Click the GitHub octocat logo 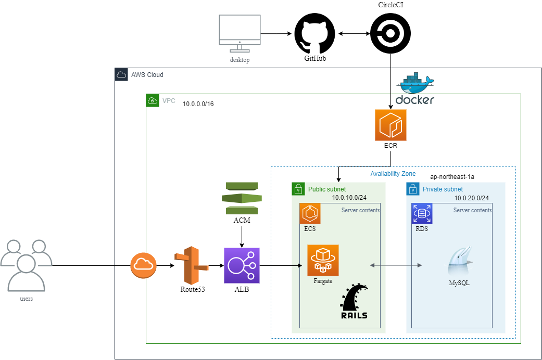click(315, 34)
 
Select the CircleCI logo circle click(390, 34)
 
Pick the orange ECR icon click(390, 125)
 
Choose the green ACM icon click(242, 198)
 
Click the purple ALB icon click(242, 265)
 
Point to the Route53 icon click(191, 265)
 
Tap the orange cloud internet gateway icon click(142, 265)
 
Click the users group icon click(26, 265)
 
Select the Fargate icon click(323, 260)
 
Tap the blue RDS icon click(422, 213)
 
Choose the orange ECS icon click(310, 213)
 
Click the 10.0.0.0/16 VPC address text click(198, 104)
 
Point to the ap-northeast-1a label click(452, 177)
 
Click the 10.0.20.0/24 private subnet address click(472, 198)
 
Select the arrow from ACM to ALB click(242, 237)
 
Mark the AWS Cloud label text click(147, 75)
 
